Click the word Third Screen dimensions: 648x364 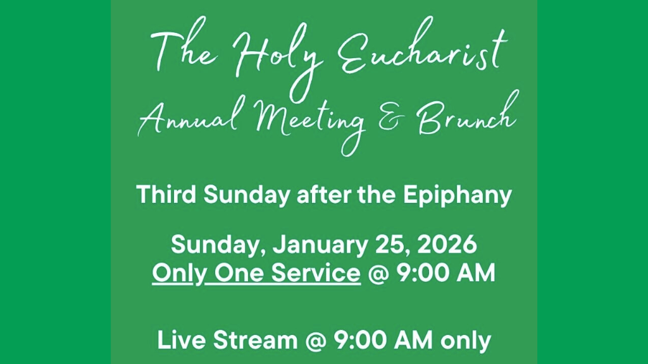click(166, 195)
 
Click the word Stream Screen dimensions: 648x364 click(256, 341)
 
